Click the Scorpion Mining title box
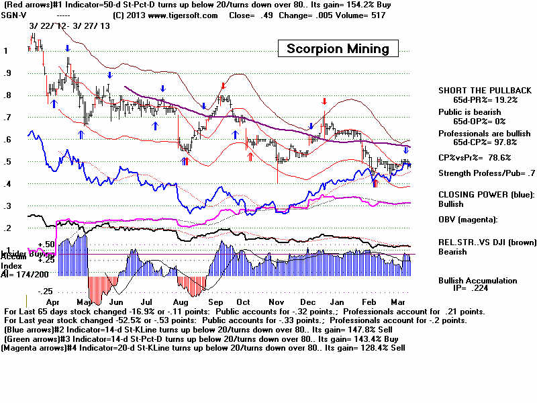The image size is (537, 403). pos(338,48)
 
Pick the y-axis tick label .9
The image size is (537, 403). pos(8,73)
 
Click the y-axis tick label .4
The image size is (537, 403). pos(8,184)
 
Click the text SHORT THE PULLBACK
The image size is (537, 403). pos(485,90)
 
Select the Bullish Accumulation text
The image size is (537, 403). pos(477,280)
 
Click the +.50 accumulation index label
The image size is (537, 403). pos(45,244)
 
